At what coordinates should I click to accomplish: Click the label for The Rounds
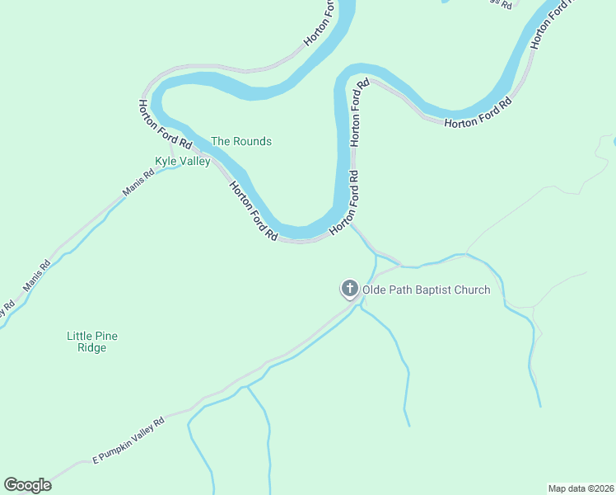241,141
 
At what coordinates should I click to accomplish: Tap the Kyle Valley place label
183,162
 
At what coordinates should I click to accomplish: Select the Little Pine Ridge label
86,342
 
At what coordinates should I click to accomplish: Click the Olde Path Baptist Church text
427,290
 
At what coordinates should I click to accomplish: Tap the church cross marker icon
350,289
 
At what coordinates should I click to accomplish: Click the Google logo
27,485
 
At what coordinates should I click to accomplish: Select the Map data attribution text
581,488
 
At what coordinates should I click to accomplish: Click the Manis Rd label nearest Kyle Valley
138,182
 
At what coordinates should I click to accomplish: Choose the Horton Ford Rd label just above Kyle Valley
153,125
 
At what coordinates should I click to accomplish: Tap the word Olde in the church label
375,290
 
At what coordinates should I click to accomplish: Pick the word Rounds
252,141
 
